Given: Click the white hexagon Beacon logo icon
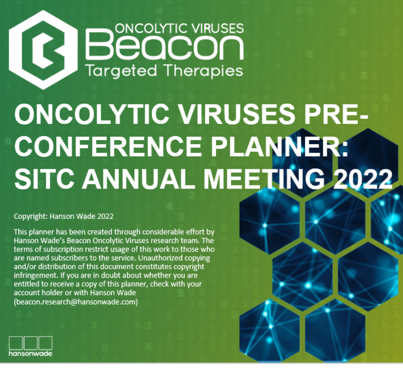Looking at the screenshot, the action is [x=43, y=49].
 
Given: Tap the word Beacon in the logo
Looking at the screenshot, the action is [x=165, y=45].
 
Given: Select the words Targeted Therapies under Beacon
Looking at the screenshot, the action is [x=164, y=71].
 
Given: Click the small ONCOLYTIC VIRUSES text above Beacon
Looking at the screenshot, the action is [x=179, y=28].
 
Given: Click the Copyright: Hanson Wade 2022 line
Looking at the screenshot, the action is [x=63, y=216].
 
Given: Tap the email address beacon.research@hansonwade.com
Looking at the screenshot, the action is [x=76, y=301].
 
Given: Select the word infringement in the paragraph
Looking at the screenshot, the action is [x=36, y=275].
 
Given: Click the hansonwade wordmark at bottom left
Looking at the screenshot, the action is [x=30, y=353].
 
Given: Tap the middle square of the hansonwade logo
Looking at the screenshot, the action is [x=31, y=343].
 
